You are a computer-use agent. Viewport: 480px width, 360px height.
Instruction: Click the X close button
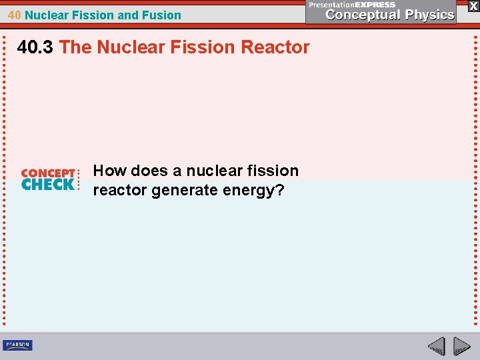(473, 5)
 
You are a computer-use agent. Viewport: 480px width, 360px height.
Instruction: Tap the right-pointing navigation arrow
(461, 346)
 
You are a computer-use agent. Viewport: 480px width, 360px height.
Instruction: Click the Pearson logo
(17, 345)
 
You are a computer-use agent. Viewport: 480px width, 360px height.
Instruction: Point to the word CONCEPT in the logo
(48, 173)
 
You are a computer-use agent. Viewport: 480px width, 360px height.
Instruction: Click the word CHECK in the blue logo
(48, 185)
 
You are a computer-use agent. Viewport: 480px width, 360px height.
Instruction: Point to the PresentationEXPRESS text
(352, 4)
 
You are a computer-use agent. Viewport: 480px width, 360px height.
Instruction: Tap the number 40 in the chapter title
(15, 15)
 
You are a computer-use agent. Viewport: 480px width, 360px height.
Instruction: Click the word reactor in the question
(120, 191)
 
